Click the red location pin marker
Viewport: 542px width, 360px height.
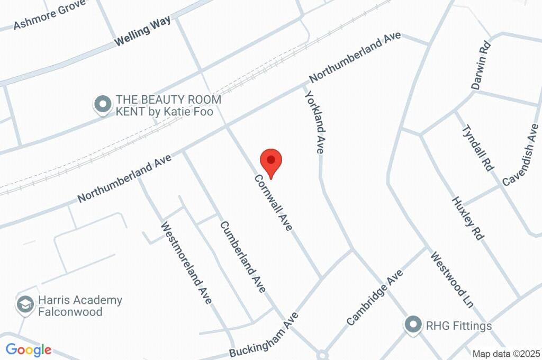coord(272,161)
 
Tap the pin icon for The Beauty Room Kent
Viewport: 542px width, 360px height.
coord(101,104)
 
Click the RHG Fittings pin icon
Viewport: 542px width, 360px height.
coord(413,325)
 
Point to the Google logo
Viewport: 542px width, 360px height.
coord(29,349)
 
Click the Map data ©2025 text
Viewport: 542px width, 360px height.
coord(505,354)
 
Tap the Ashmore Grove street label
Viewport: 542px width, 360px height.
coord(42,17)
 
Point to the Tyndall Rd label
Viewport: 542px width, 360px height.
coord(478,148)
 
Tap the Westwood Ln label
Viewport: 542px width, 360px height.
coord(451,281)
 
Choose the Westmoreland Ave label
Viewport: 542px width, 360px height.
coord(186,263)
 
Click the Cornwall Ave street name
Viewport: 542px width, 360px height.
coord(273,203)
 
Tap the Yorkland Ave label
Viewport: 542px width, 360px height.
coord(313,121)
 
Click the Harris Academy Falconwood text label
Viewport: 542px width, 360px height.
coord(79,305)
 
